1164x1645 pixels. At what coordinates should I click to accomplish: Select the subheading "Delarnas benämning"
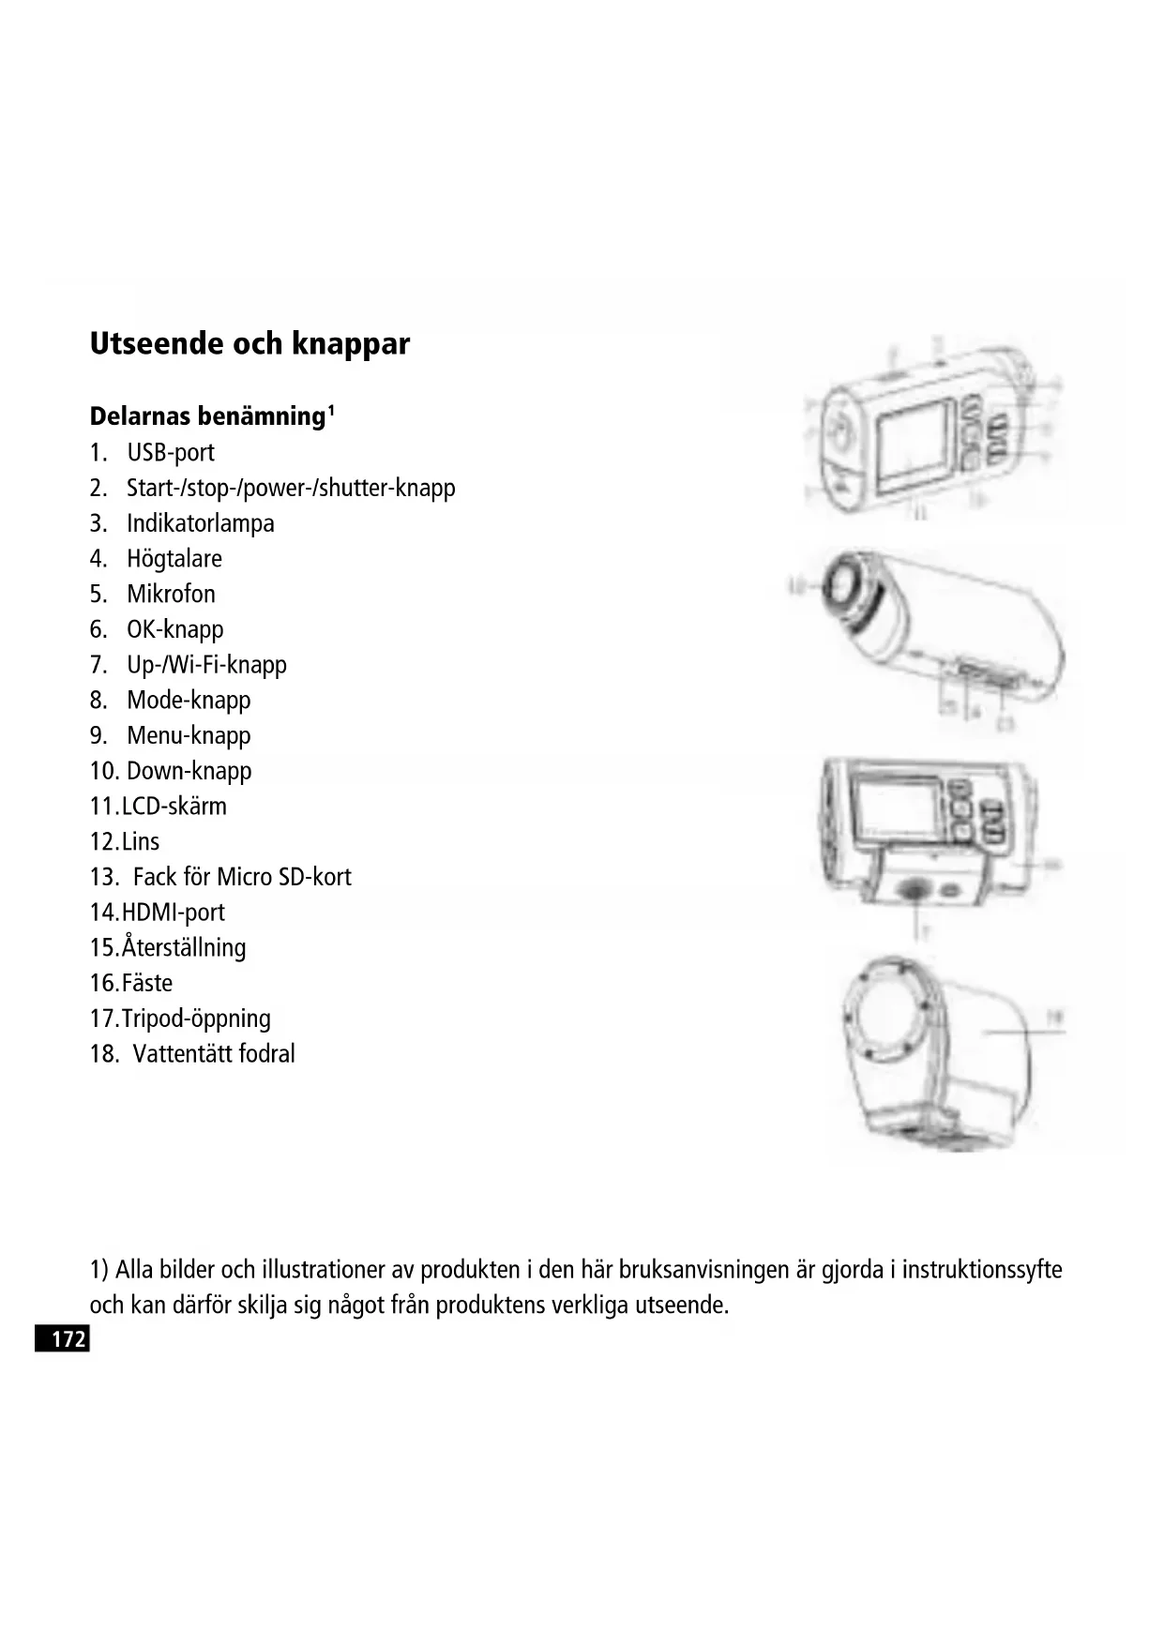point(206,416)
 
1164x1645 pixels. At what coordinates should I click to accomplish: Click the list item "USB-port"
point(171,453)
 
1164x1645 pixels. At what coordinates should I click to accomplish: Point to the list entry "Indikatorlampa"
point(201,523)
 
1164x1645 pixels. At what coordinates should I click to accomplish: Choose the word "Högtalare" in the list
point(174,559)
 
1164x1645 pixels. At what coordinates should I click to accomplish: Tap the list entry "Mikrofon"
point(171,595)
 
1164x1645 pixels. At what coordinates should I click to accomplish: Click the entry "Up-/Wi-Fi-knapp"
point(206,665)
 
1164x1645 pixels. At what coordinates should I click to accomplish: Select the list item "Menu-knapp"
point(189,736)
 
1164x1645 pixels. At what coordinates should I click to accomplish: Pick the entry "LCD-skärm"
point(174,807)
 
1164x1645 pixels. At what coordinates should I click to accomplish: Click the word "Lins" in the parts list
point(141,842)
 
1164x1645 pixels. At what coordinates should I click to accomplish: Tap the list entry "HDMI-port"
point(174,913)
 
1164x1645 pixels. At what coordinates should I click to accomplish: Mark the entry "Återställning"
point(184,948)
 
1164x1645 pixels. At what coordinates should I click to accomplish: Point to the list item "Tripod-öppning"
point(196,1019)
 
